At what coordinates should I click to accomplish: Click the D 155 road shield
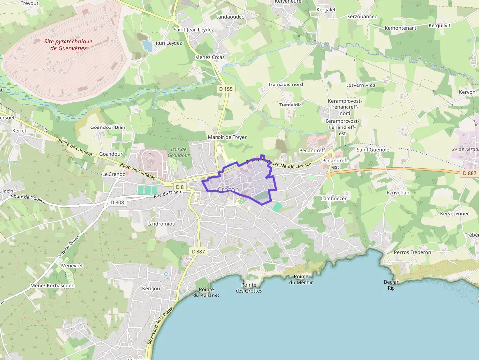(x=226, y=89)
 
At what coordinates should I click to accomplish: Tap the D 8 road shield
(x=180, y=187)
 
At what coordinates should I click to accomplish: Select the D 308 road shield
(x=117, y=202)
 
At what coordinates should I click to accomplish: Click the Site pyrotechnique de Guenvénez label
(x=68, y=45)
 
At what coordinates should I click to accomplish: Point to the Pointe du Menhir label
(x=301, y=279)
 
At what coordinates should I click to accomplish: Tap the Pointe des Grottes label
(x=249, y=288)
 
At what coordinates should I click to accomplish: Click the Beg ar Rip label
(x=391, y=285)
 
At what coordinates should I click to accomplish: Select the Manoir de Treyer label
(x=227, y=138)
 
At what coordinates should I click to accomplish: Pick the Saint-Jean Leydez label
(x=194, y=30)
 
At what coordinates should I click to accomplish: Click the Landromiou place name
(x=161, y=224)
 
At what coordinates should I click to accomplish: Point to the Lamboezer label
(x=333, y=199)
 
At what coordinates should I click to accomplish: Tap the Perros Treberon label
(x=413, y=252)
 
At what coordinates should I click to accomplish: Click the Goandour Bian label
(x=108, y=127)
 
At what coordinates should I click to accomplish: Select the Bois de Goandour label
(x=179, y=152)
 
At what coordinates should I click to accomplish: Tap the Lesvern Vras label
(x=360, y=85)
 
